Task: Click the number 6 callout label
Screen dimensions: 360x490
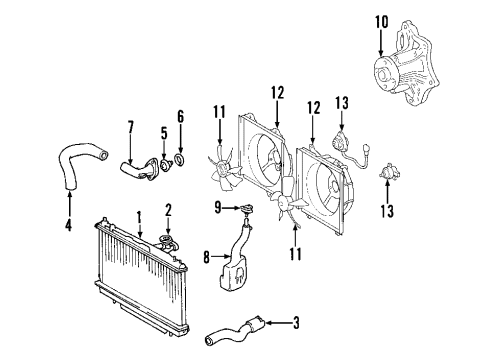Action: click(x=181, y=117)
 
